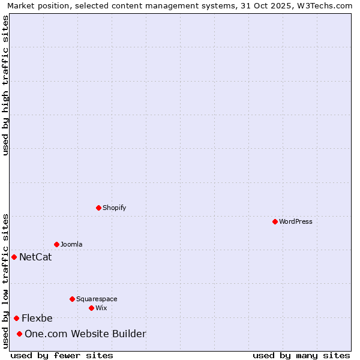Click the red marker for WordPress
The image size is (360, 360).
pos(275,221)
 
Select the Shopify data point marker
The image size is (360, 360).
pos(98,208)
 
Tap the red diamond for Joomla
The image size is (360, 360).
pos(56,244)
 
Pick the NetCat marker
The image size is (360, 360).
pos(14,257)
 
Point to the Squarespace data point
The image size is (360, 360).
pos(72,299)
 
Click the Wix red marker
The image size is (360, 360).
pos(91,308)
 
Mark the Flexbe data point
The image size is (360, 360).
pos(16,318)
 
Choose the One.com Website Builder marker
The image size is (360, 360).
pos(19,334)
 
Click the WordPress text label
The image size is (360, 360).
pos(296,221)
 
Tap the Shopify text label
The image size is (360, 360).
pos(114,208)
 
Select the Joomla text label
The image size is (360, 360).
pos(71,244)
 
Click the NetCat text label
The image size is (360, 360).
pos(35,257)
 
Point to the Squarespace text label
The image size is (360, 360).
pos(97,299)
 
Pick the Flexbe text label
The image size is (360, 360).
pos(37,319)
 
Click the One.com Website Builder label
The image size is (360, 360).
pos(85,334)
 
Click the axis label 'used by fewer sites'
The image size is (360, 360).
pos(62,355)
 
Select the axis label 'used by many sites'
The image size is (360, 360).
pos(301,355)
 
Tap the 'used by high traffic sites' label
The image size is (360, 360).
pos(5,85)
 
